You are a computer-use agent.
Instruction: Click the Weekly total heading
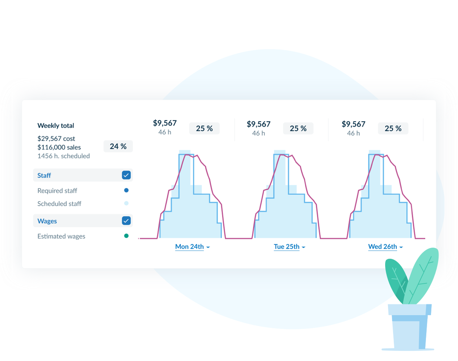tap(56, 126)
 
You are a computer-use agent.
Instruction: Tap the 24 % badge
tap(118, 146)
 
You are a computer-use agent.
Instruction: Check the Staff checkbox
tap(126, 175)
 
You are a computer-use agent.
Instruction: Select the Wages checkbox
tap(126, 221)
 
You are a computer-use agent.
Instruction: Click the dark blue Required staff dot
tap(126, 190)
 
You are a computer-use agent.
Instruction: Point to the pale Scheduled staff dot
tap(126, 203)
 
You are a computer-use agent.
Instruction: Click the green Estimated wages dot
tap(126, 236)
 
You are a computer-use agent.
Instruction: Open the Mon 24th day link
tap(189, 247)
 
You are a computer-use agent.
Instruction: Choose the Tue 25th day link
tap(287, 247)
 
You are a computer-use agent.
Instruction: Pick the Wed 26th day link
tap(382, 247)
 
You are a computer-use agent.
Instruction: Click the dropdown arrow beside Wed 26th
tap(401, 247)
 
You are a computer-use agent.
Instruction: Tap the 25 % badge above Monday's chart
tap(204, 129)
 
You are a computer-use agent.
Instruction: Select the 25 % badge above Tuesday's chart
tap(298, 129)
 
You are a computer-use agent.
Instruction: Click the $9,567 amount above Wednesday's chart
tap(353, 124)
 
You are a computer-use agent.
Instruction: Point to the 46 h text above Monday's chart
tap(165, 132)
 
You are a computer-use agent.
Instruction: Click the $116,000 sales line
tap(59, 147)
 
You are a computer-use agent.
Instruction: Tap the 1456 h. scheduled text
tap(63, 156)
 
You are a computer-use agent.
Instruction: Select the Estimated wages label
tap(61, 236)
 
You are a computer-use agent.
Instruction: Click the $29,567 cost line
tap(56, 138)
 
